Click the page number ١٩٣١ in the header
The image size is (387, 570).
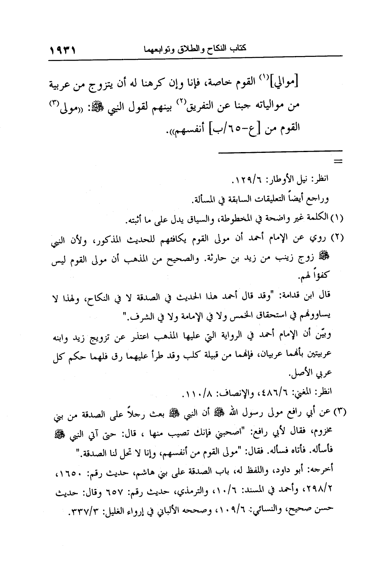[63, 52]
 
